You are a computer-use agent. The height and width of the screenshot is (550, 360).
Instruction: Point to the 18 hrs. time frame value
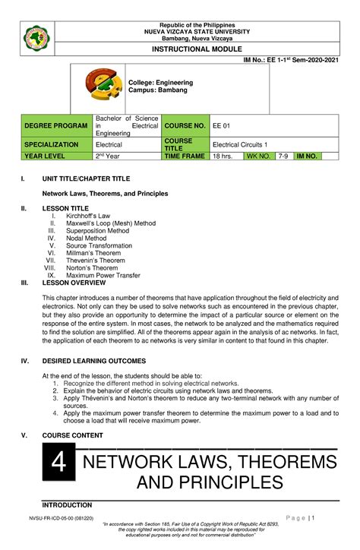(222, 156)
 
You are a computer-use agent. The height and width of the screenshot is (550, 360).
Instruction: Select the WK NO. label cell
(258, 156)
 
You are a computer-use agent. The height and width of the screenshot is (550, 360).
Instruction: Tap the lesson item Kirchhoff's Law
(88, 216)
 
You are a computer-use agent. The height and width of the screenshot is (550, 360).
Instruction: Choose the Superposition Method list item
(98, 231)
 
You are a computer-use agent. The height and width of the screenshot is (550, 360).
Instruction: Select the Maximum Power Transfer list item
(104, 275)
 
